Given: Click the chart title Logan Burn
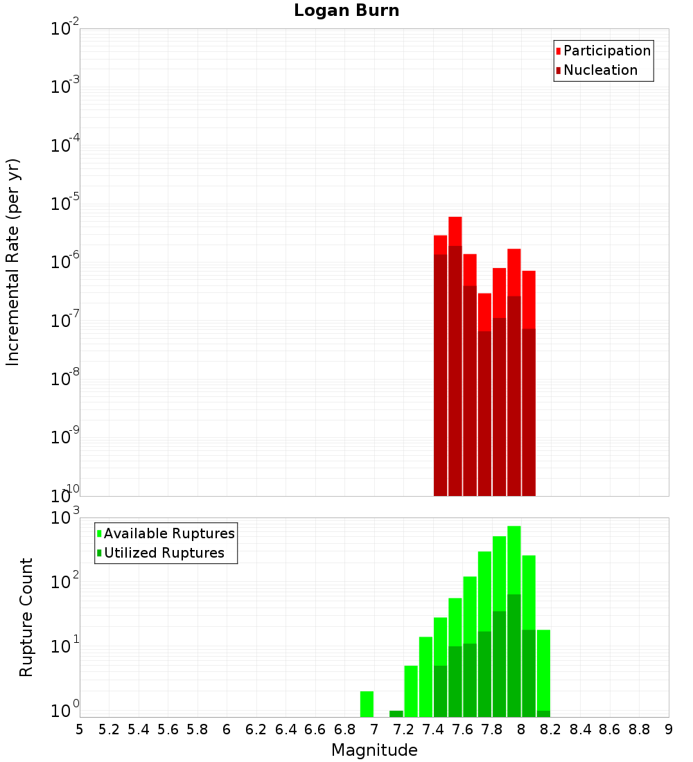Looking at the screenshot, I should pyautogui.click(x=346, y=11).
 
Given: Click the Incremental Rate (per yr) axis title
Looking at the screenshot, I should pyautogui.click(x=13, y=263).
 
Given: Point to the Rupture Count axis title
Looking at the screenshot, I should pyautogui.click(x=26, y=617).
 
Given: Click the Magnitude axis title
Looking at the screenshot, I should pyautogui.click(x=374, y=750).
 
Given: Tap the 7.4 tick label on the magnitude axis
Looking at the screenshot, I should pyautogui.click(x=433, y=729).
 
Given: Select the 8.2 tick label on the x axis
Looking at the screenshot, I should pyautogui.click(x=551, y=729).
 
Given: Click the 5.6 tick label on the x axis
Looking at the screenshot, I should pyautogui.click(x=168, y=729).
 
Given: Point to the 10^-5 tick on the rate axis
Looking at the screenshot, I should pyautogui.click(x=65, y=203).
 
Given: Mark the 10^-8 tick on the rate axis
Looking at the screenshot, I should pyautogui.click(x=65, y=378).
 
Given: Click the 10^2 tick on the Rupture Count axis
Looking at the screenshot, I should pyautogui.click(x=65, y=582).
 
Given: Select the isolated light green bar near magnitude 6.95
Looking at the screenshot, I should pyautogui.click(x=367, y=703).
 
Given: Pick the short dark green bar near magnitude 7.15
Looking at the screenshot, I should pyautogui.click(x=396, y=714).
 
